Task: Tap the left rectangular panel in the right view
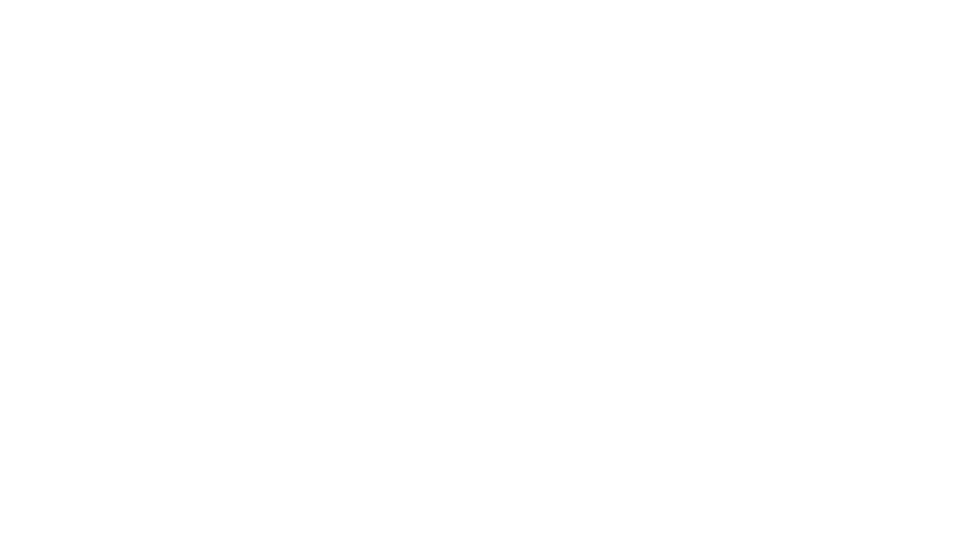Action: click(733, 383)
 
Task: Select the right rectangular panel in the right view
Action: click(835, 383)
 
